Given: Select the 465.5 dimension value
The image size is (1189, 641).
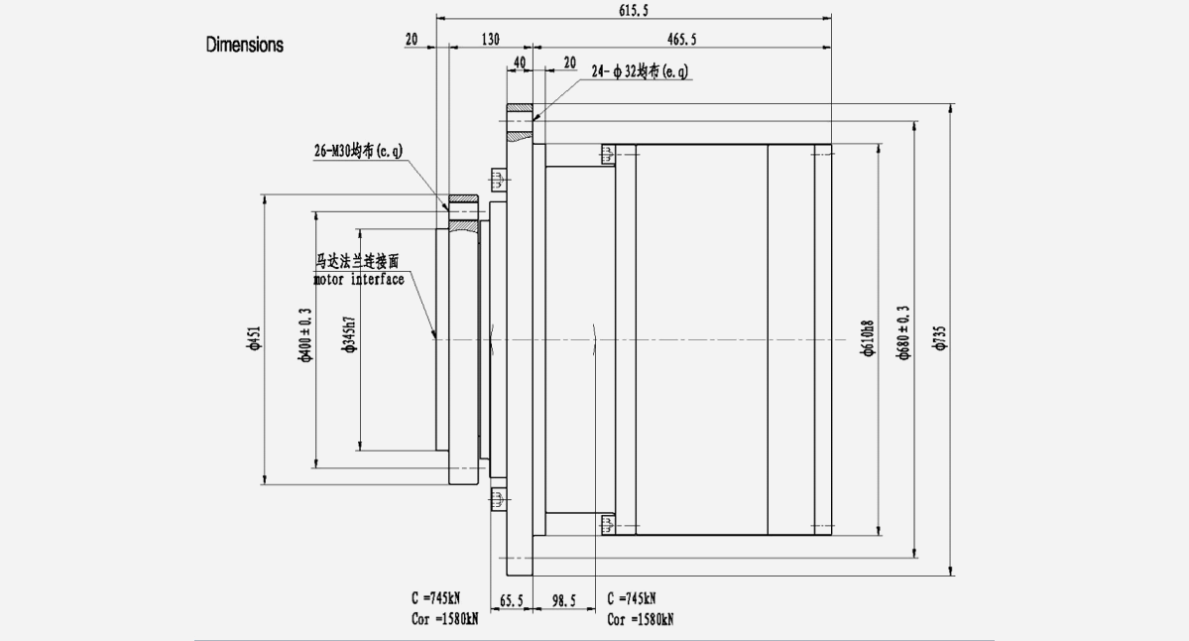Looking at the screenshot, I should (682, 39).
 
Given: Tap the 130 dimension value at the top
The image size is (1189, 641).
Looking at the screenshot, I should (490, 39).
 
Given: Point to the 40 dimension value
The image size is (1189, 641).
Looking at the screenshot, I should (519, 63).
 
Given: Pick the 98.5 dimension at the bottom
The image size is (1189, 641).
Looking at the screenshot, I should (562, 600).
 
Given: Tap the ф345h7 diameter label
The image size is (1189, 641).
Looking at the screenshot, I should (349, 335).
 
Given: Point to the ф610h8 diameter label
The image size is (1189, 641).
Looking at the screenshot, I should (868, 340).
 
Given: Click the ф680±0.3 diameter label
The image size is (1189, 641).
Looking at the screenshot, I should (903, 335).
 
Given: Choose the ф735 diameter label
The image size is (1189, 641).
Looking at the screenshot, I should (940, 340).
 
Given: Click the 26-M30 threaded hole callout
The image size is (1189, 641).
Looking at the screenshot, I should (358, 150).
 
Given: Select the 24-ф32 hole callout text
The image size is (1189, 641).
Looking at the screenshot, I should (640, 71).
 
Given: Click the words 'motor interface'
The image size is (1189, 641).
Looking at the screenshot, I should (359, 279).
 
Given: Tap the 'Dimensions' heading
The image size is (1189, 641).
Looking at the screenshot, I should (244, 45).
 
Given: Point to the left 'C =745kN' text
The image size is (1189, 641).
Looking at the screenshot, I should (436, 599).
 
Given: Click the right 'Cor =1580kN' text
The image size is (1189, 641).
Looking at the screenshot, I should (641, 619).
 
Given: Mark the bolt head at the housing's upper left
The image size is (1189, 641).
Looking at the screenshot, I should (607, 154).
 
